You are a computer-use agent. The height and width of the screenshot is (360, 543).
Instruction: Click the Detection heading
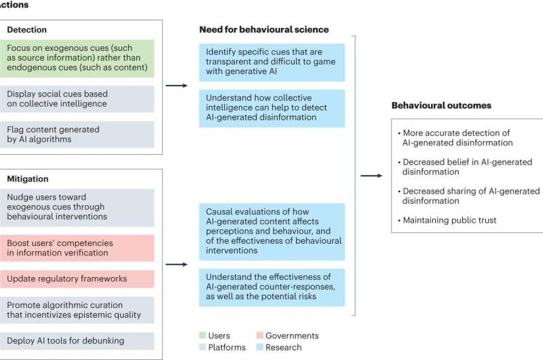[x=28, y=31]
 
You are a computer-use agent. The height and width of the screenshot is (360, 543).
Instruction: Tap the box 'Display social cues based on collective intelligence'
[x=79, y=98]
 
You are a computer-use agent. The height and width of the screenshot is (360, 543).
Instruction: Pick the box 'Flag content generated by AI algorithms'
[x=79, y=134]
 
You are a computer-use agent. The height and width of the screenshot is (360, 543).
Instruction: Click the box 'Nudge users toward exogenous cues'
[x=79, y=206]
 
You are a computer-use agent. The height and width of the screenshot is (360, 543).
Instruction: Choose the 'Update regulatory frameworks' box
[x=79, y=278]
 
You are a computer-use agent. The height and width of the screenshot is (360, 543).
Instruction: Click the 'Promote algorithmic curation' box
[x=79, y=309]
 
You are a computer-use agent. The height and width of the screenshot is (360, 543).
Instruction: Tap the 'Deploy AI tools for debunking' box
[x=79, y=340]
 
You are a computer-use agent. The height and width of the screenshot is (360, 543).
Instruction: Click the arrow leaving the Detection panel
[x=176, y=86]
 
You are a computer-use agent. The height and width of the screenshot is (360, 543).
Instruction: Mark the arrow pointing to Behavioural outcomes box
[x=371, y=176]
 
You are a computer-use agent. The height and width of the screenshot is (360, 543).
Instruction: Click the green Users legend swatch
[x=202, y=336]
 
